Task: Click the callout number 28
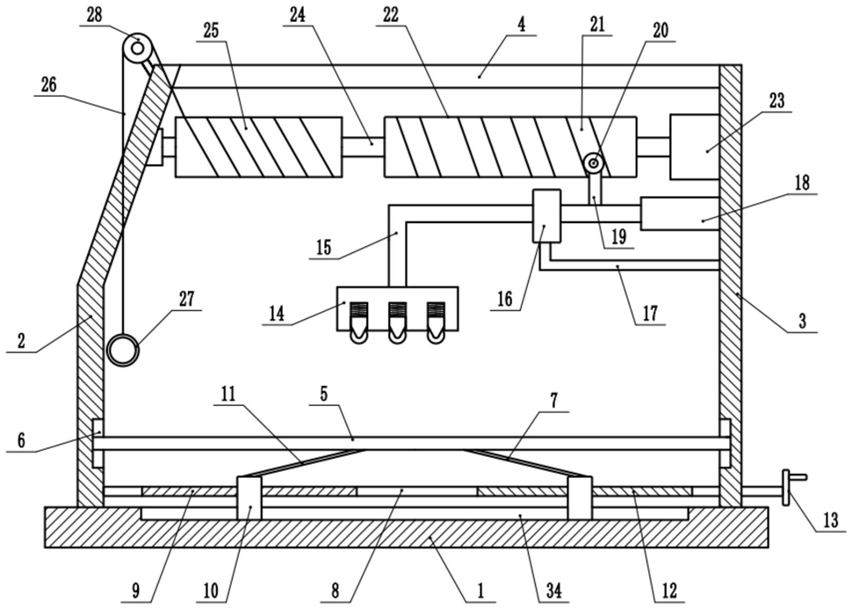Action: pyautogui.click(x=94, y=15)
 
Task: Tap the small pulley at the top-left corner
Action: pyautogui.click(x=138, y=47)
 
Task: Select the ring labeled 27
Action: pyautogui.click(x=123, y=349)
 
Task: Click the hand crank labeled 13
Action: pyautogui.click(x=791, y=488)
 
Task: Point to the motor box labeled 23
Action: pyautogui.click(x=696, y=146)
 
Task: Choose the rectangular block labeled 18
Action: pyautogui.click(x=681, y=214)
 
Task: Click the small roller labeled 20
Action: pyautogui.click(x=594, y=163)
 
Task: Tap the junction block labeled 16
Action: pyautogui.click(x=546, y=215)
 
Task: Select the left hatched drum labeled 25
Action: pyautogui.click(x=258, y=147)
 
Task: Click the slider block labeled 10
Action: pyautogui.click(x=249, y=498)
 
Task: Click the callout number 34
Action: pyautogui.click(x=553, y=590)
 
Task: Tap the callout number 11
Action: pyautogui.click(x=228, y=395)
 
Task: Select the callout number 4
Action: pyautogui.click(x=521, y=25)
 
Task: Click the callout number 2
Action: pyautogui.click(x=21, y=342)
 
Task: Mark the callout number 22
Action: pyautogui.click(x=391, y=15)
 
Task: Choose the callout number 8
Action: pyautogui.click(x=336, y=591)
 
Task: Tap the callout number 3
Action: pyautogui.click(x=802, y=320)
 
